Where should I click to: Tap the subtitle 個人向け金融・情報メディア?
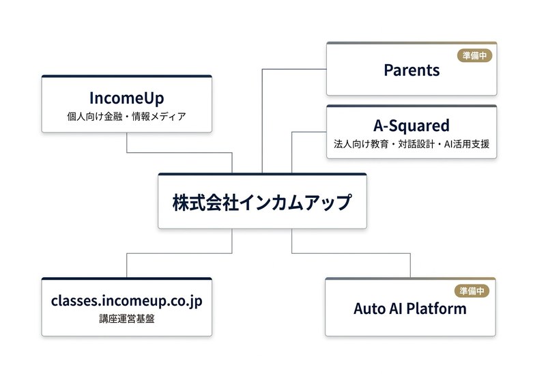pos(127,117)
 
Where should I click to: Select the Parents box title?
pos(412,70)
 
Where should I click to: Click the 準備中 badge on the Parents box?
pos(473,56)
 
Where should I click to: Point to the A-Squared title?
pos(412,126)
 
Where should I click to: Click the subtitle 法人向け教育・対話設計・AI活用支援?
pos(412,145)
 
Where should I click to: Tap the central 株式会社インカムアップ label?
pos(262,203)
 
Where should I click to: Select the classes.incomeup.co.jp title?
pos(127,300)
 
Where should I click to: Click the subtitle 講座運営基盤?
pos(127,318)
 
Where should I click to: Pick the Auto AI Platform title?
pos(410,308)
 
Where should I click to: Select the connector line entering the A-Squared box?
pos(308,132)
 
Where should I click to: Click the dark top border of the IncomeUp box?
pos(127,76)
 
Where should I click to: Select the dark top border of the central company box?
pos(262,175)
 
